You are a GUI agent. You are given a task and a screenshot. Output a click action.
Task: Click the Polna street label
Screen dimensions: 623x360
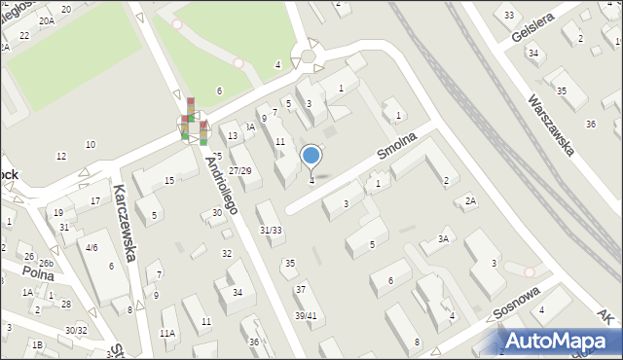[41, 275]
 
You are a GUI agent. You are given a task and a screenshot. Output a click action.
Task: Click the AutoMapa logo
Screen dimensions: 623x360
[560, 341]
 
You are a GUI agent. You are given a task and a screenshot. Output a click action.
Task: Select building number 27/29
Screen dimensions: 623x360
[239, 171]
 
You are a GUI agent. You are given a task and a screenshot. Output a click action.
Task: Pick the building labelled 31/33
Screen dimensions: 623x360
[271, 230]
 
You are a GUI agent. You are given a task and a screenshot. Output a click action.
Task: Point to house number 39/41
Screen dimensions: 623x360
[306, 315]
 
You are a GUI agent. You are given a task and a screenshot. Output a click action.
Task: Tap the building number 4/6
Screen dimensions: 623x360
[91, 248]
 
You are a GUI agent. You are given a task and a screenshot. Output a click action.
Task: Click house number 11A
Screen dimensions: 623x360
[167, 333]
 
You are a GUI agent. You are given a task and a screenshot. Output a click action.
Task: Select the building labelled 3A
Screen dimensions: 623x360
[443, 239]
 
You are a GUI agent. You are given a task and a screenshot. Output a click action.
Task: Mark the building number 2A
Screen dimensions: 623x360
[470, 201]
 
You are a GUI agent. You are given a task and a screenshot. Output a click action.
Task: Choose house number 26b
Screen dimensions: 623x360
[46, 264]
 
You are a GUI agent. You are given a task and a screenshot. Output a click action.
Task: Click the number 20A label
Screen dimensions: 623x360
[46, 19]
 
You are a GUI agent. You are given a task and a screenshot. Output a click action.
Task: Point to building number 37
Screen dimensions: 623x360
[301, 290]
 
